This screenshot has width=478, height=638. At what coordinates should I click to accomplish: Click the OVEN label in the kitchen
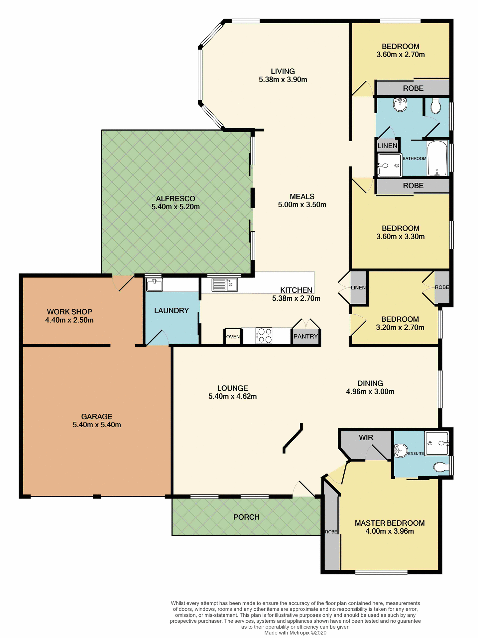click(233, 337)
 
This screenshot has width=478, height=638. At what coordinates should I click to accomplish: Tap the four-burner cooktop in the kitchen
click(264, 336)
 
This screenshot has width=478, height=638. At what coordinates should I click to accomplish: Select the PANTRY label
click(305, 336)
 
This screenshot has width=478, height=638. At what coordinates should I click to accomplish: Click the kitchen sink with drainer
click(225, 285)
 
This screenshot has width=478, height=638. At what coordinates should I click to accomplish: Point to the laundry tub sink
click(155, 285)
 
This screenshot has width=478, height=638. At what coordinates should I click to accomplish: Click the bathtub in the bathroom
click(437, 158)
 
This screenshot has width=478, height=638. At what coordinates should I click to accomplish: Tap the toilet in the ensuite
click(441, 468)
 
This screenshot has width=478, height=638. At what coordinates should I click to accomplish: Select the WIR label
click(366, 438)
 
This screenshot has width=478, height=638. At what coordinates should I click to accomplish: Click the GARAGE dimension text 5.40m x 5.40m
click(97, 425)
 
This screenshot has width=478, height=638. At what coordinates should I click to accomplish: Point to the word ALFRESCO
click(176, 199)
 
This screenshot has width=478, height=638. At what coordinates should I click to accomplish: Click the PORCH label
click(246, 517)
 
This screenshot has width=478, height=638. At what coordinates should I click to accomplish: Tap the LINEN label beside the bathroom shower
click(387, 146)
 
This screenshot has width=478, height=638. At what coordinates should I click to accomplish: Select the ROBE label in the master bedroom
click(331, 532)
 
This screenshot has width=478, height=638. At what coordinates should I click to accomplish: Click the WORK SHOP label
click(69, 312)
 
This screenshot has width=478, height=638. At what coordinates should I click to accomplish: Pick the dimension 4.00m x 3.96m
click(390, 531)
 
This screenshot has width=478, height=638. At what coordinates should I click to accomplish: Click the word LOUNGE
click(232, 388)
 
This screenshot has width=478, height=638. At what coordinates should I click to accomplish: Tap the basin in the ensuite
click(401, 451)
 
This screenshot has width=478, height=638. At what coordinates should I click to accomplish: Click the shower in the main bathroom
click(389, 165)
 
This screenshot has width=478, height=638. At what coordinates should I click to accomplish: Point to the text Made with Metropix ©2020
click(295, 633)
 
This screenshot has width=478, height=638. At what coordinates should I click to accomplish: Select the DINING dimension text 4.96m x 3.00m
click(370, 391)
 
